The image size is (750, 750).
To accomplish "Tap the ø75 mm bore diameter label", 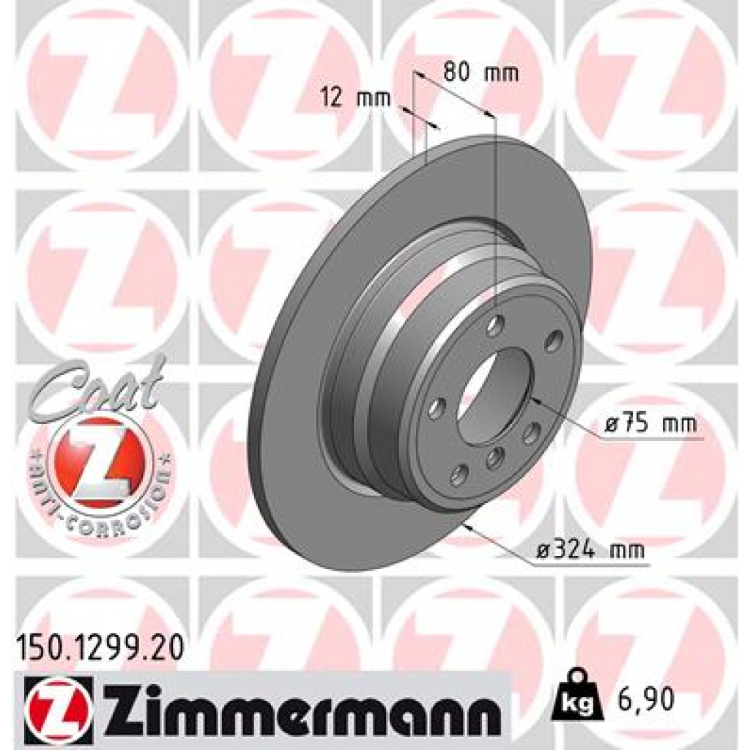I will click(x=650, y=424).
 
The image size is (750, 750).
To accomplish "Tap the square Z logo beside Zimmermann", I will click(x=59, y=702).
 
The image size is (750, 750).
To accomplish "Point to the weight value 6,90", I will click(x=644, y=699).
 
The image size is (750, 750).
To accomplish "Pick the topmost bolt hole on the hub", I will click(x=497, y=323).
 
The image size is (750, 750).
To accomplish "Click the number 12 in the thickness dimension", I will click(x=333, y=98).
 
